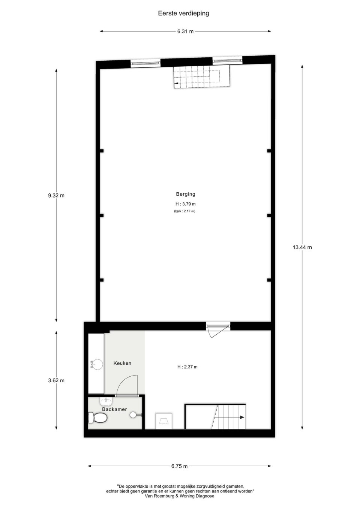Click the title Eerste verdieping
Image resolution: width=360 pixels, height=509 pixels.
[x=183, y=13]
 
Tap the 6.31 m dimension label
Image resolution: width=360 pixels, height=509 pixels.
[x=185, y=31]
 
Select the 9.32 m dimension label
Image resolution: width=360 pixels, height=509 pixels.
[x=56, y=195]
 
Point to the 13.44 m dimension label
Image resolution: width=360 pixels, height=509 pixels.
[x=302, y=247]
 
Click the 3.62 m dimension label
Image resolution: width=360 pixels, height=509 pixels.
[x=56, y=380]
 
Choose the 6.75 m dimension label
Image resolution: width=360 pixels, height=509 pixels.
[x=179, y=466]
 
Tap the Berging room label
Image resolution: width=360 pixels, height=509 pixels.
[x=186, y=194]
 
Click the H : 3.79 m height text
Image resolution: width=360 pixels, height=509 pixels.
[x=186, y=204]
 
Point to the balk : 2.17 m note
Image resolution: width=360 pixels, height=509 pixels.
[x=184, y=211]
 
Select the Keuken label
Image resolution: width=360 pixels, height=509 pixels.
[x=122, y=363]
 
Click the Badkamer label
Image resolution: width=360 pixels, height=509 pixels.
[x=114, y=409]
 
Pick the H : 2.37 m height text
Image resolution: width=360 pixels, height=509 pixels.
[x=187, y=367]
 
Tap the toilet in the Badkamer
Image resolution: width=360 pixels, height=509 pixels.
[x=97, y=418]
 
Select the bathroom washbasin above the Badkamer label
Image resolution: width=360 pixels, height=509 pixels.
[x=105, y=401]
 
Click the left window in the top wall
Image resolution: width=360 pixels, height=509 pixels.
[x=145, y=63]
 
